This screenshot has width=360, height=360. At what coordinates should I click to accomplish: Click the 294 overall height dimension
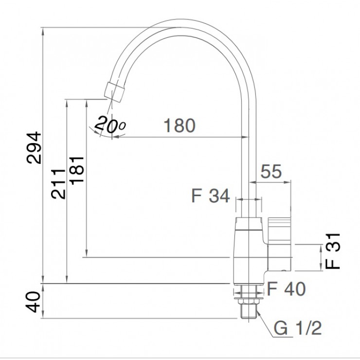click(35, 147)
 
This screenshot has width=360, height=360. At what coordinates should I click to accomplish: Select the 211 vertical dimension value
click(58, 183)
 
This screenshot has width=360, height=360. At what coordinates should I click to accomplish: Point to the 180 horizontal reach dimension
click(179, 126)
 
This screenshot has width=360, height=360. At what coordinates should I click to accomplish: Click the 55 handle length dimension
click(271, 171)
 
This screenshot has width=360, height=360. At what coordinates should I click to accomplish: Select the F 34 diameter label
click(210, 196)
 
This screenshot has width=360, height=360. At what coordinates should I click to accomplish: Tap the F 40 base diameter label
click(287, 289)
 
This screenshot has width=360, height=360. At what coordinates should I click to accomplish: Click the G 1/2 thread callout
click(298, 329)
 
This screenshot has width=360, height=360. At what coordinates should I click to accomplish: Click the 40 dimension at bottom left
click(35, 301)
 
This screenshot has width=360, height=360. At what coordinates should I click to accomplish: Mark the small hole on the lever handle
click(285, 268)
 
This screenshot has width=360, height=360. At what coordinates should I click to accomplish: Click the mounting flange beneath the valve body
click(249, 291)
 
